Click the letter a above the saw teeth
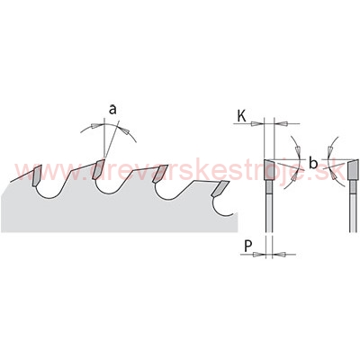pos(112,110)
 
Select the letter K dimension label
pos(242,116)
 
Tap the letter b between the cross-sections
pos(313,164)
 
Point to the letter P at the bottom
pos(247,247)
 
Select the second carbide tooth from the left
pos(98,169)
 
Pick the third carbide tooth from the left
pos(159,174)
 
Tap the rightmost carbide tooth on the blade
pos(220,188)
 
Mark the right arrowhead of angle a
pos(125,130)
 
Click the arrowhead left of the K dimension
pos(256,123)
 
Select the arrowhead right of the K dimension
pos(283,123)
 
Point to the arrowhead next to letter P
pos(258,255)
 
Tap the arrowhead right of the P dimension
pos(278,255)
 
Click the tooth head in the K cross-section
pos(269,169)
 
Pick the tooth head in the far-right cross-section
pos(354,169)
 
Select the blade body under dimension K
pos(269,206)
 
